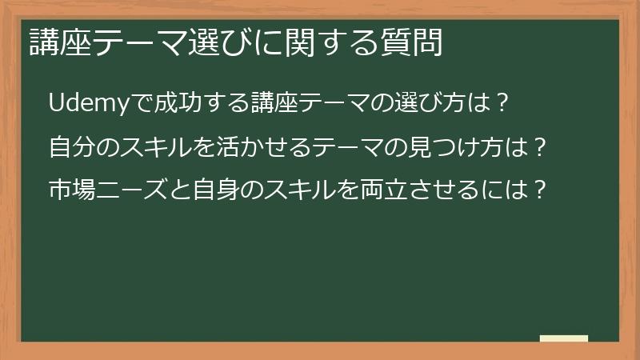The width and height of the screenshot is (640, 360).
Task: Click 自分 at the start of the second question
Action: [x=70, y=148]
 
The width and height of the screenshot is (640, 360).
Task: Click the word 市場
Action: [x=70, y=191]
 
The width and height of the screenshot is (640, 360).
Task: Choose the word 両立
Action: [x=379, y=191]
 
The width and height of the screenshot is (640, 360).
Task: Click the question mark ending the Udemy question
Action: [x=502, y=105]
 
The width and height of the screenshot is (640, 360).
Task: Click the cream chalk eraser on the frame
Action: [x=563, y=339]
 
